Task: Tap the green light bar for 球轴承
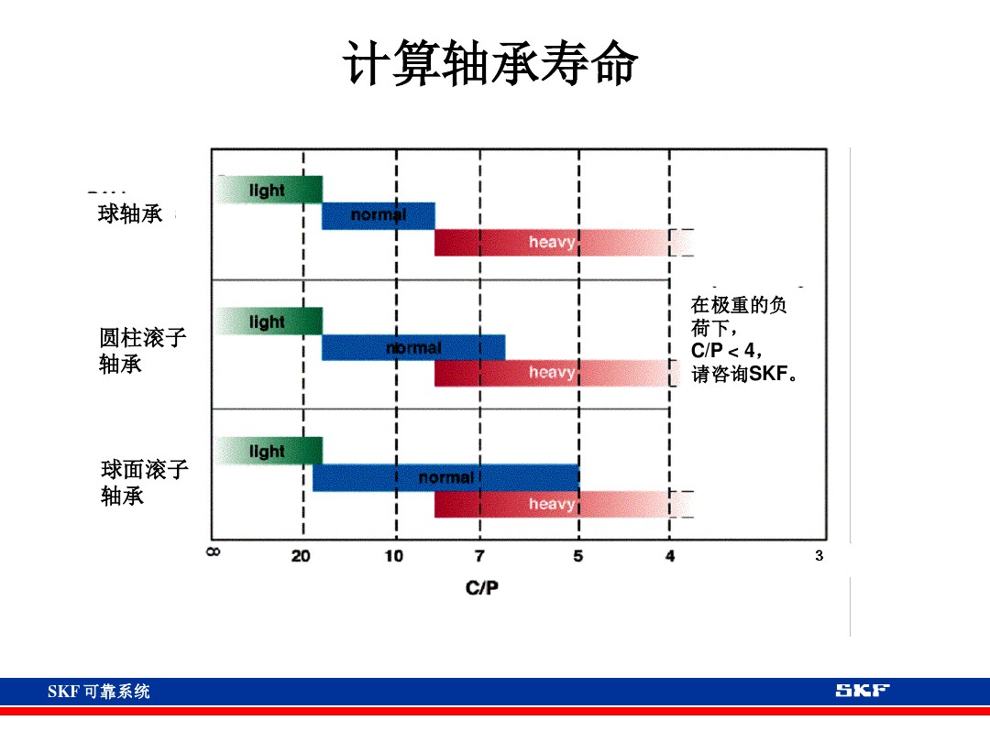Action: pos(269,190)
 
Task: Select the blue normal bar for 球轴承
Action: pos(378,216)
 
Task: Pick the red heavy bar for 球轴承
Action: pos(550,243)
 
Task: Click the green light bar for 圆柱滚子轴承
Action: pos(269,322)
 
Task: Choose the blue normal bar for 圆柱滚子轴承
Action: pos(412,348)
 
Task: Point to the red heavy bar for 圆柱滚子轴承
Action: pos(550,373)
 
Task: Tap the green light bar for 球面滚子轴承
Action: pos(269,452)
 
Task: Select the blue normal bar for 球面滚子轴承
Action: pos(445,478)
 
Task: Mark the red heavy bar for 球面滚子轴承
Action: pos(550,505)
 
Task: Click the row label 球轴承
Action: pos(130,215)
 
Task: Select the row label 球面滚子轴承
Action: pos(144,483)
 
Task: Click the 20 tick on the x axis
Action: pos(301,556)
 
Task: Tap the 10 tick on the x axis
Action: pos(393,556)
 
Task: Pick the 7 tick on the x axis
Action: pos(479,556)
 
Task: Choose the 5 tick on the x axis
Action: pos(577,556)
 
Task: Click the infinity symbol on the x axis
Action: pos(213,552)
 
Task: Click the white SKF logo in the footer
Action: pos(862,691)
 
